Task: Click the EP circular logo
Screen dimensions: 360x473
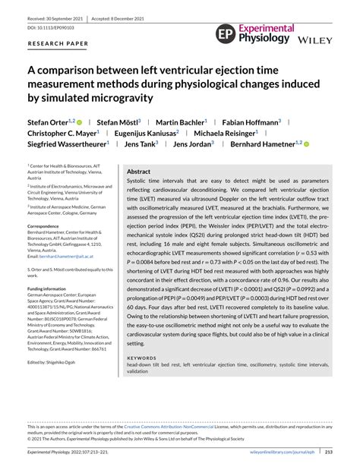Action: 226,33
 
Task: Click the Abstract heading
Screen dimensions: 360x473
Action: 138,172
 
